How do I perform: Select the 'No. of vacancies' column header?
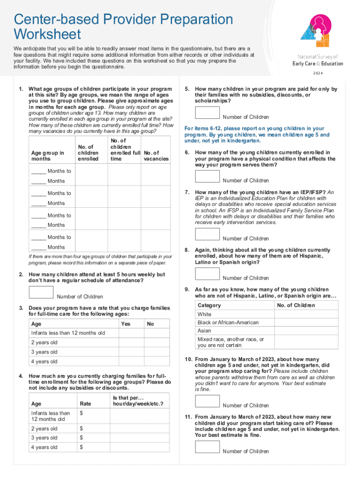click(156, 155)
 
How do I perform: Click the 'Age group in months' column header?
click(47, 155)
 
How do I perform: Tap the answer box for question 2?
click(41, 292)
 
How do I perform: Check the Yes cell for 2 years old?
click(126, 342)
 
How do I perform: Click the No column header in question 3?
click(150, 324)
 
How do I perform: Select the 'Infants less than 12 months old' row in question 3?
click(68, 333)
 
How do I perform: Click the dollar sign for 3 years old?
click(81, 438)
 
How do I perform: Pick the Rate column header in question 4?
click(86, 404)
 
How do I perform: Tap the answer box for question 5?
click(207, 113)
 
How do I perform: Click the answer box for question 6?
click(207, 176)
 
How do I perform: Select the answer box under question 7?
click(207, 234)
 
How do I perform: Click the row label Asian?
click(204, 331)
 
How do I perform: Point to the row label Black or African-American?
click(228, 322)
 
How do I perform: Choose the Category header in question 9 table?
click(209, 305)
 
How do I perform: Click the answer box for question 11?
click(207, 447)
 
